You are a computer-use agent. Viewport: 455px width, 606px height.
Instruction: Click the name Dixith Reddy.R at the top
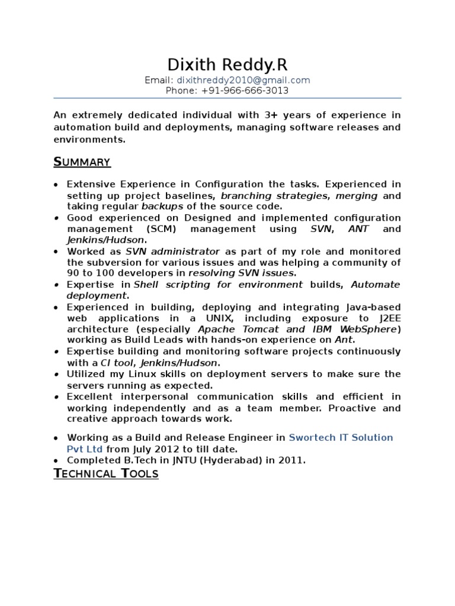click(x=227, y=65)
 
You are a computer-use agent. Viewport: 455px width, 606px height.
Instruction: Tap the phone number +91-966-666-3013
click(x=245, y=91)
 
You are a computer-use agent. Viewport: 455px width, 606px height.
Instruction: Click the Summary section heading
click(x=82, y=162)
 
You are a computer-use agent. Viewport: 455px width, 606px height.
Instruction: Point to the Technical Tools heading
click(x=106, y=473)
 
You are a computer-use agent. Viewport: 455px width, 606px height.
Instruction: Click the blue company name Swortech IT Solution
click(x=341, y=437)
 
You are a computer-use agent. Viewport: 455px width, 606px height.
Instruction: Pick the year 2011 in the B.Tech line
click(x=290, y=460)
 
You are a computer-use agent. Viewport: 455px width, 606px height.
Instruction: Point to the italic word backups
click(x=162, y=207)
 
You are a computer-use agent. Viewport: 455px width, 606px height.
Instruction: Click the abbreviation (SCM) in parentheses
click(x=163, y=228)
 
